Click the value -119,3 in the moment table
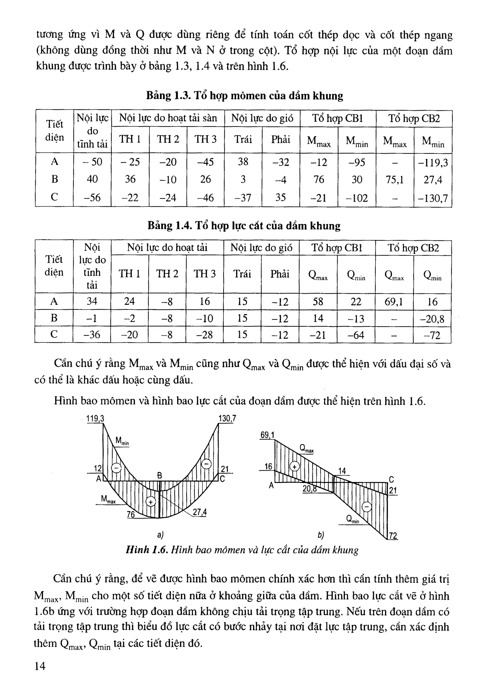pos(433,163)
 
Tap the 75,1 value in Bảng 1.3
pos(395,180)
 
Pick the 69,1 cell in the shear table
pos(394,302)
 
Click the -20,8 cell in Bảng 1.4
pos(432,319)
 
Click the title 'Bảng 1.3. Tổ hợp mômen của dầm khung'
pos(245,96)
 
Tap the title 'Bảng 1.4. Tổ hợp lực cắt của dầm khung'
pos(244,226)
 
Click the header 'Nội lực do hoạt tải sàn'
pos(168,118)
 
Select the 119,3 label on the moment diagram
pos(95,419)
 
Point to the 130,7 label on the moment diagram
pos(227,419)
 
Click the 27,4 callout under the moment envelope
pos(200,512)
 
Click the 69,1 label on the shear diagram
pos(267,435)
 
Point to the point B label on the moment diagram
pos(160,475)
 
